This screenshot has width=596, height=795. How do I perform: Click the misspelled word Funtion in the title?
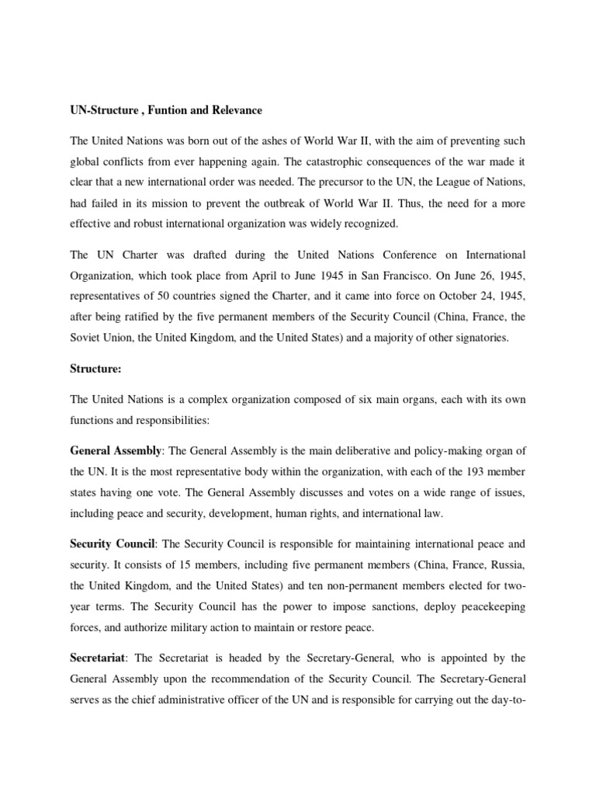pos(156,110)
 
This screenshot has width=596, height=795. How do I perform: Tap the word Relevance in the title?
pos(230,110)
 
